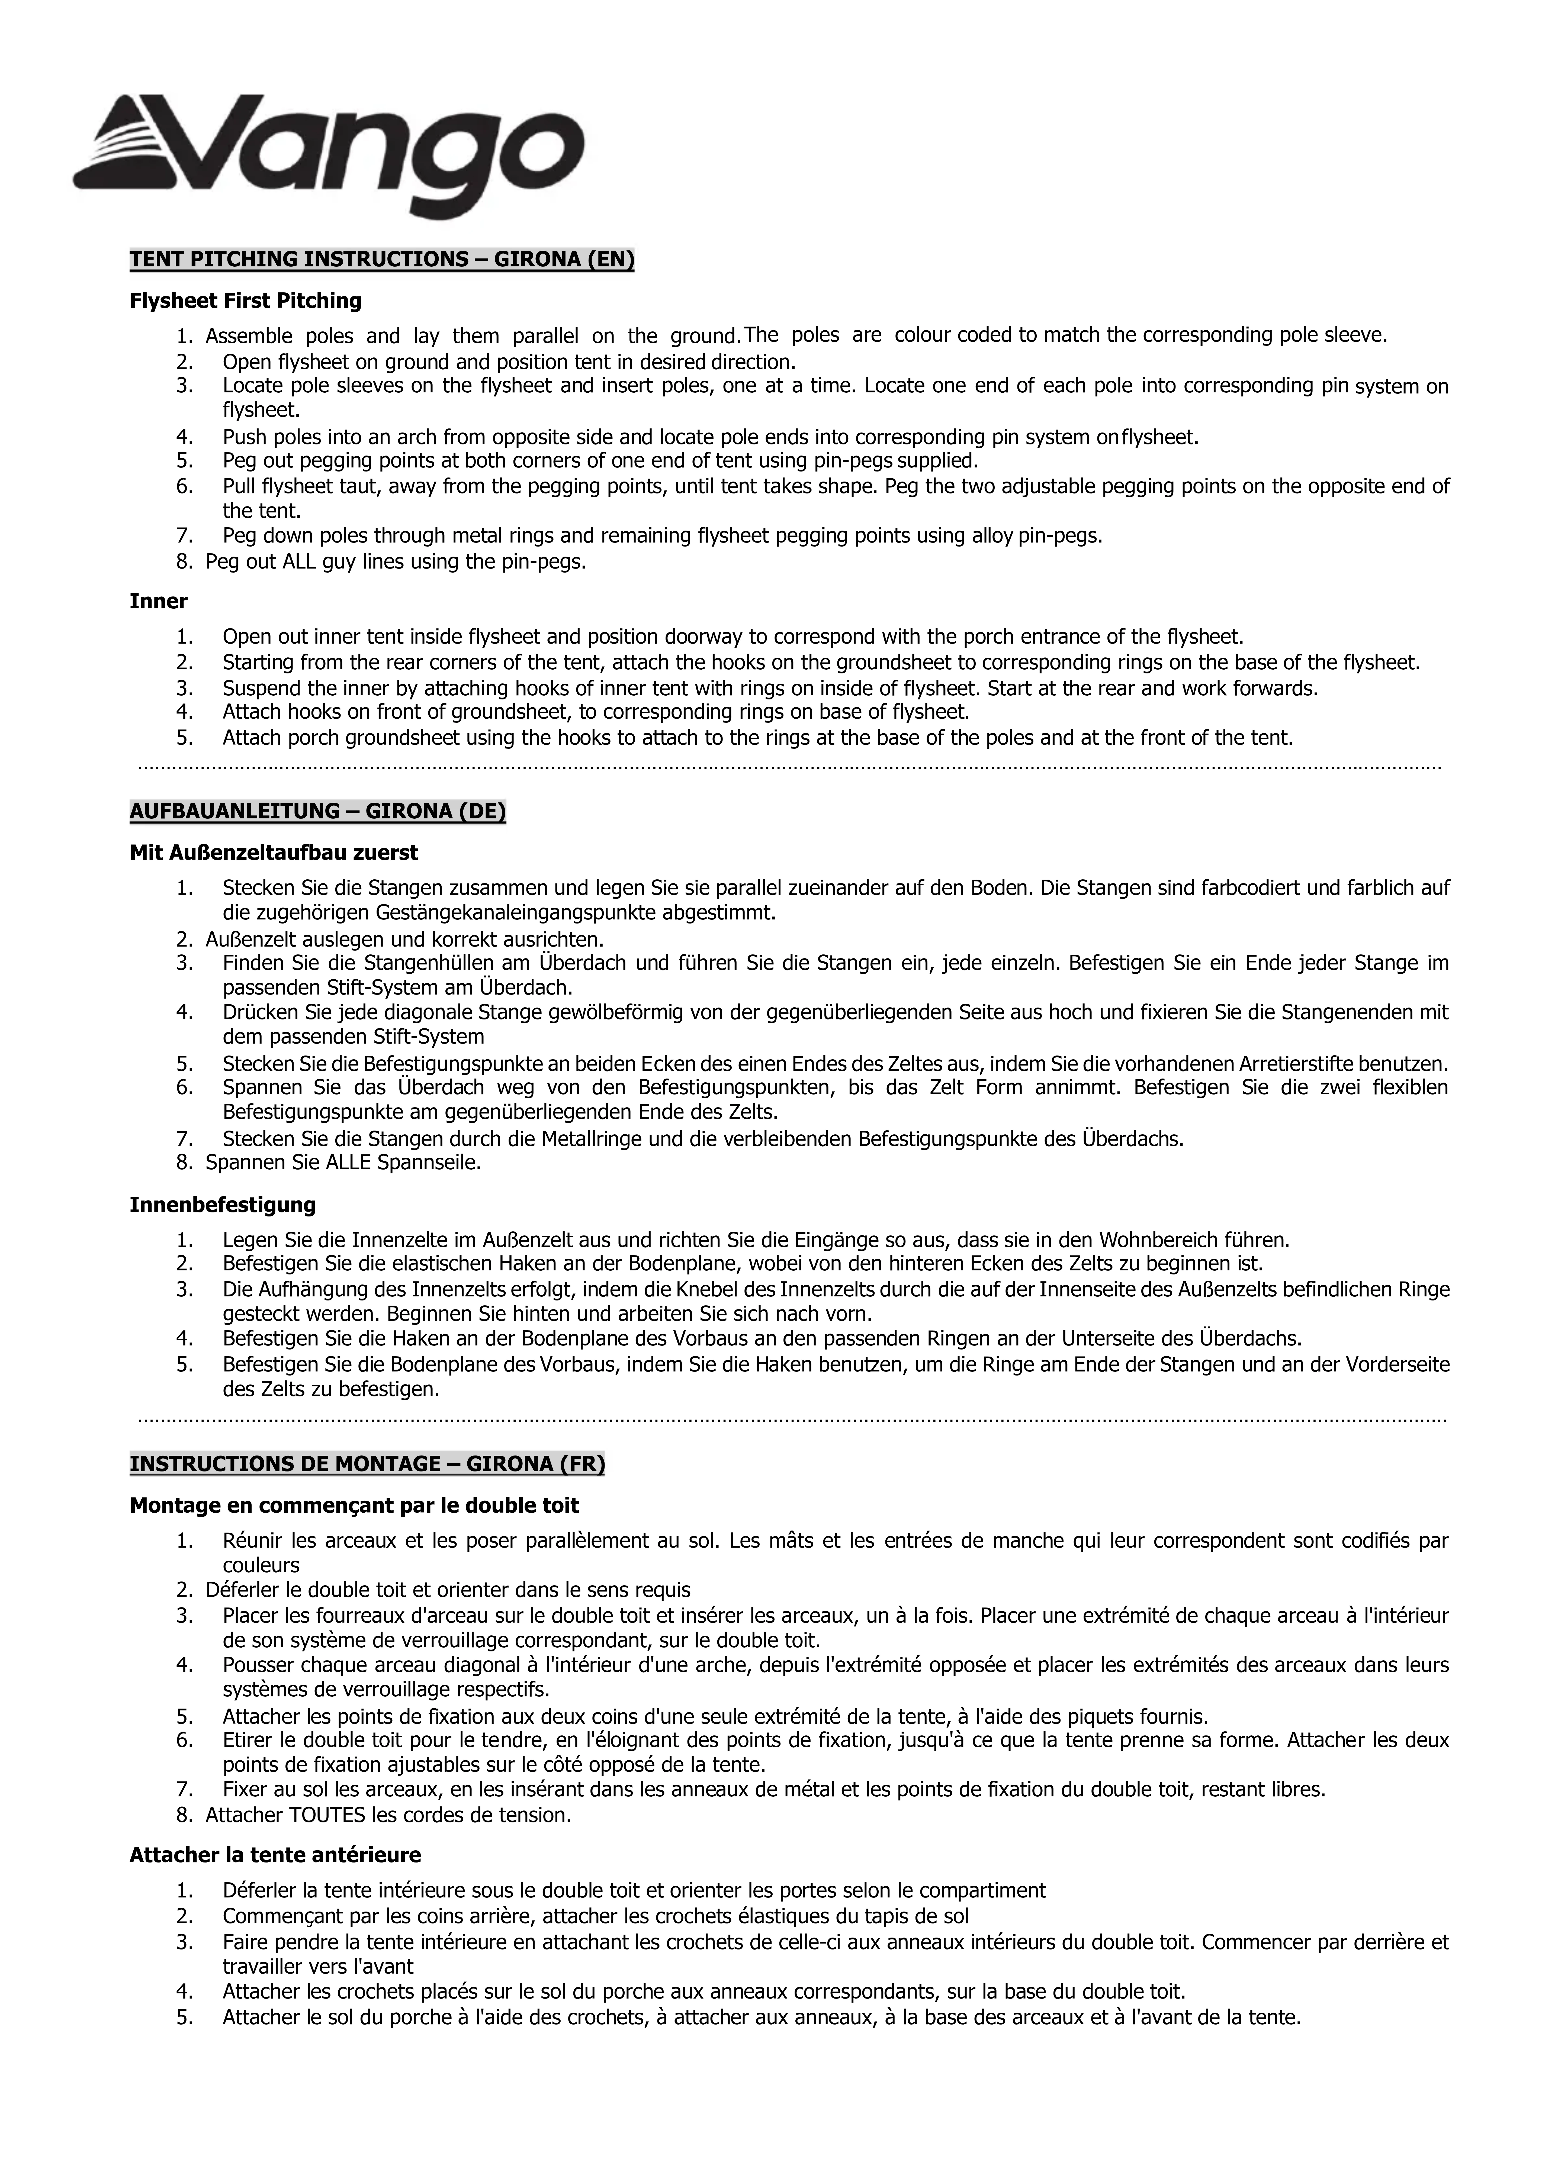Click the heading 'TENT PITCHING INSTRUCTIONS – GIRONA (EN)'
point(381,259)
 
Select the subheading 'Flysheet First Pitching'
point(245,301)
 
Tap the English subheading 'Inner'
point(158,602)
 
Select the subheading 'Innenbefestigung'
point(223,1205)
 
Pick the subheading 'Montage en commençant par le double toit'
point(354,1505)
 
